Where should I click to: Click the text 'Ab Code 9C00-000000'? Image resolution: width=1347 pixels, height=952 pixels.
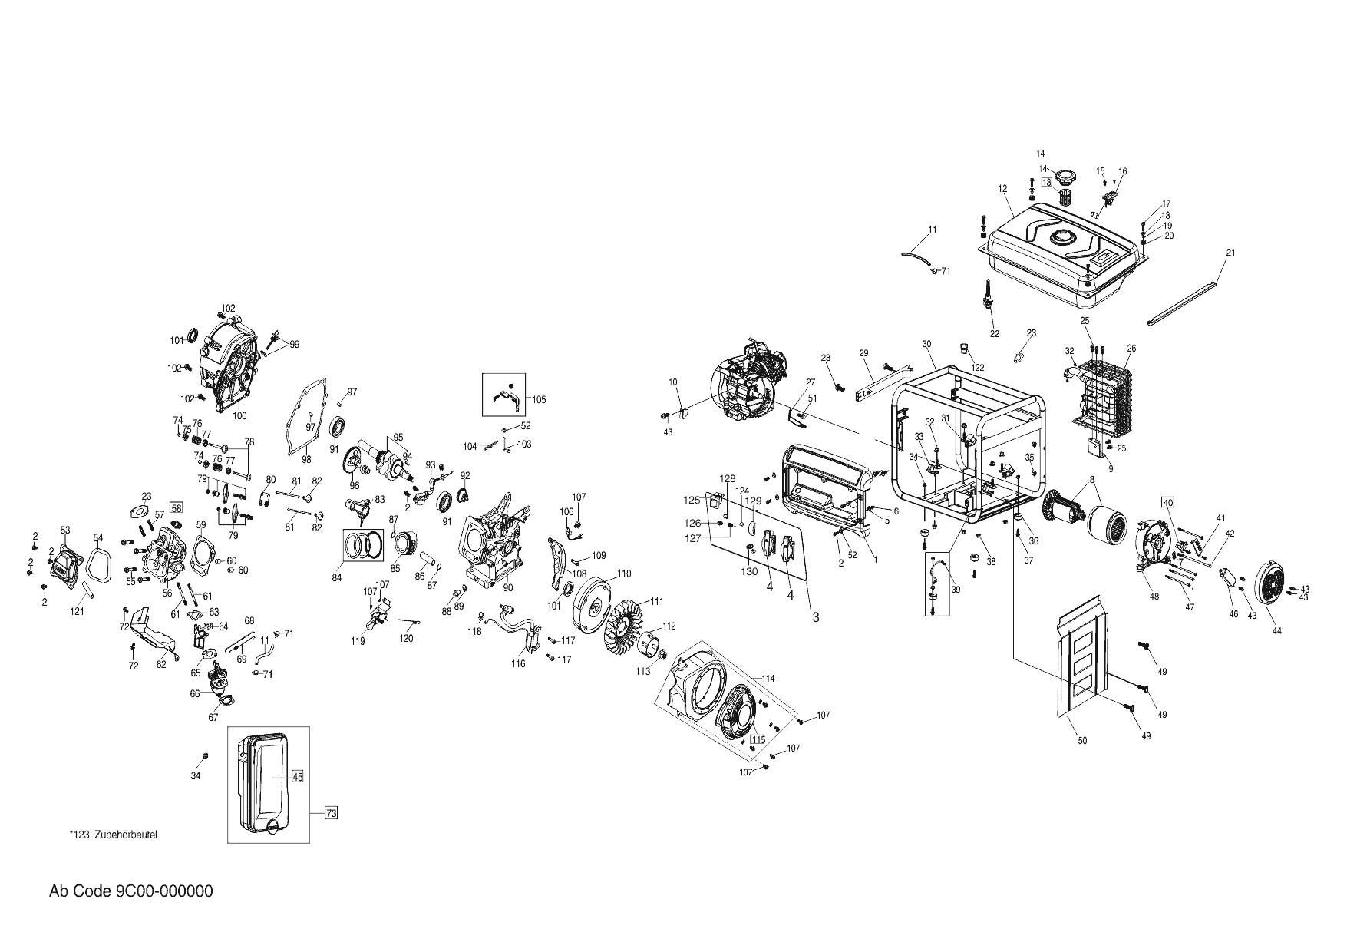(131, 891)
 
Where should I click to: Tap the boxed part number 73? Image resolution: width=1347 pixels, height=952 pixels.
(331, 812)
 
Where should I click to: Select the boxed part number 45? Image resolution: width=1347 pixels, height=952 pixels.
(298, 776)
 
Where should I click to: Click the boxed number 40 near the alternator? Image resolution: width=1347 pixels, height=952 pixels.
(1168, 502)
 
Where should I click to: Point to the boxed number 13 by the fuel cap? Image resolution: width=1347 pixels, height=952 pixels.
(1046, 182)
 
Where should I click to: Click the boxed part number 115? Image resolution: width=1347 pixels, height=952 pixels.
(758, 739)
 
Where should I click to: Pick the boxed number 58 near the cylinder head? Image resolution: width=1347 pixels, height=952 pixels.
(177, 507)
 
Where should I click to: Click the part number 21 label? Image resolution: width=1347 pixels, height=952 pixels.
(1230, 253)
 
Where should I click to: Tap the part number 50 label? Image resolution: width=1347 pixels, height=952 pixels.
(1082, 741)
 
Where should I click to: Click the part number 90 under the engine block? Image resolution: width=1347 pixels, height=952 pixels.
(507, 587)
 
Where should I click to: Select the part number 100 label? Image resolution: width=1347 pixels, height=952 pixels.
(239, 415)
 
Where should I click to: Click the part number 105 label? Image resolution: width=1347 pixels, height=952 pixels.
(539, 399)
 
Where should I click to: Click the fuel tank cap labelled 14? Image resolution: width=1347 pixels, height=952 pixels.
(1065, 177)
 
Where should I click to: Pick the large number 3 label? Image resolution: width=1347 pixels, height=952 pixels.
(816, 616)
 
